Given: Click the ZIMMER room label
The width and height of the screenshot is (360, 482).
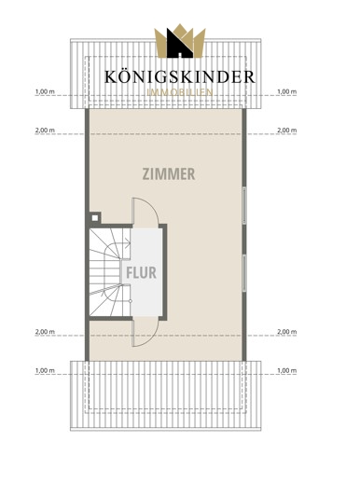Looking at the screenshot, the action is [x=169, y=173].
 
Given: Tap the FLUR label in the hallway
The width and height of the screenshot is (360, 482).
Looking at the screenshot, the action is [x=141, y=272].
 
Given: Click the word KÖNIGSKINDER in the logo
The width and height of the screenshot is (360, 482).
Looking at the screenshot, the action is [x=180, y=76].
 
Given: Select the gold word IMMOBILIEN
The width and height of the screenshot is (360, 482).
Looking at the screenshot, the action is [x=180, y=92].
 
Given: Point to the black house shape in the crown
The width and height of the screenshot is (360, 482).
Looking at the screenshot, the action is [x=180, y=44].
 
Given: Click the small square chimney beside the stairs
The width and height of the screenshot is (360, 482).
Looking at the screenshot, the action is [x=95, y=218].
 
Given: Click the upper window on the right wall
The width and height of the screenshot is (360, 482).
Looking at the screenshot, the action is [x=244, y=205].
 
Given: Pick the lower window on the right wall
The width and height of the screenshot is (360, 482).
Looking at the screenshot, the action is [x=244, y=273].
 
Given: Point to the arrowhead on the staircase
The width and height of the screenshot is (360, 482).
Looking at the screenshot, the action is [x=128, y=241].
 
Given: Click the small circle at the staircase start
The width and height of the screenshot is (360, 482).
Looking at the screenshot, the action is [x=131, y=301].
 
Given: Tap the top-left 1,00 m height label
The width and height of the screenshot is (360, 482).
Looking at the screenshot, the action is [x=45, y=91].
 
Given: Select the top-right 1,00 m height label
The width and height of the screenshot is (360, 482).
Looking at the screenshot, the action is [x=286, y=91].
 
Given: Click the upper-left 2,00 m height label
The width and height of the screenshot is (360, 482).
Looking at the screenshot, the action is [x=45, y=131].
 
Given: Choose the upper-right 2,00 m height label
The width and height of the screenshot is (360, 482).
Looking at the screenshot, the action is [x=286, y=131].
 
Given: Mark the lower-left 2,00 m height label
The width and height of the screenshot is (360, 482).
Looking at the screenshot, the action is [x=45, y=332].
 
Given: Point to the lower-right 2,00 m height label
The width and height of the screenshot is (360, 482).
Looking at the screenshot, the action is [x=286, y=332].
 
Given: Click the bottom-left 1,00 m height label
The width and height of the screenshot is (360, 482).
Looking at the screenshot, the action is [x=45, y=370].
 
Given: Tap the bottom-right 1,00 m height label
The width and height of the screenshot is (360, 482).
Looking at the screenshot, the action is [x=286, y=370].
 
